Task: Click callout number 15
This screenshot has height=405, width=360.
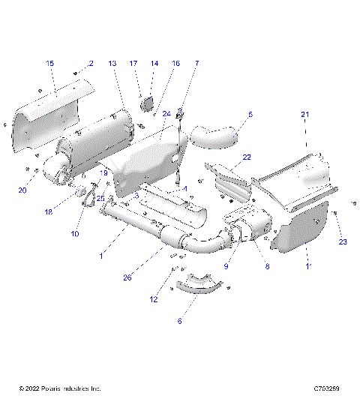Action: pos(50,64)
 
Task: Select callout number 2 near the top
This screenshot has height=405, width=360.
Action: pos(91,64)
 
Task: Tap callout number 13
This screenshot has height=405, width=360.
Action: pos(112,64)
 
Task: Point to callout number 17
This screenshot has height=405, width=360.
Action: pos(135,64)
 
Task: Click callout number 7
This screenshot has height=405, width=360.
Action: pos(196,64)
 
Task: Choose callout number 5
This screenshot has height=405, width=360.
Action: pos(250,115)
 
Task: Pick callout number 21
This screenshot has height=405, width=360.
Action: pos(305,114)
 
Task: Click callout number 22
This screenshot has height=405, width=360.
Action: pos(247,157)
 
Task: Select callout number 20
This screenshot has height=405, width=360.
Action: pos(22,190)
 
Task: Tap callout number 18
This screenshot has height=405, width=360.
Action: pos(49,212)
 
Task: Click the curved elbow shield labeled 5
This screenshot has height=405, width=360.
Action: pos(213,135)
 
